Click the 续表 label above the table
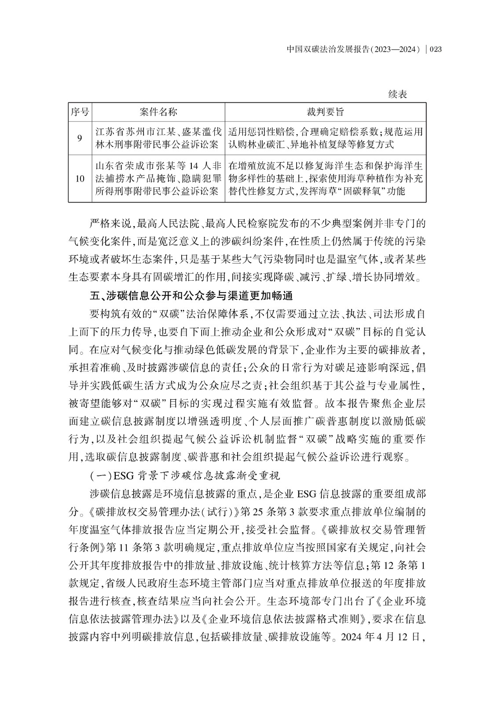pyautogui.click(x=398, y=94)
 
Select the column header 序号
pyautogui.click(x=80, y=112)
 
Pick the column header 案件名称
pyautogui.click(x=158, y=112)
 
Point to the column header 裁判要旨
pyautogui.click(x=325, y=112)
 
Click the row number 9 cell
pyautogui.click(x=80, y=138)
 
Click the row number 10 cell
pyautogui.click(x=80, y=178)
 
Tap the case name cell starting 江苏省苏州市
pyautogui.click(x=158, y=138)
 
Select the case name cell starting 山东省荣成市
pyautogui.click(x=158, y=178)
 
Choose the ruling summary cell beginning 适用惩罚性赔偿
pyautogui.click(x=325, y=138)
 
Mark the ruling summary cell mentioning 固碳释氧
pyautogui.click(x=325, y=178)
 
